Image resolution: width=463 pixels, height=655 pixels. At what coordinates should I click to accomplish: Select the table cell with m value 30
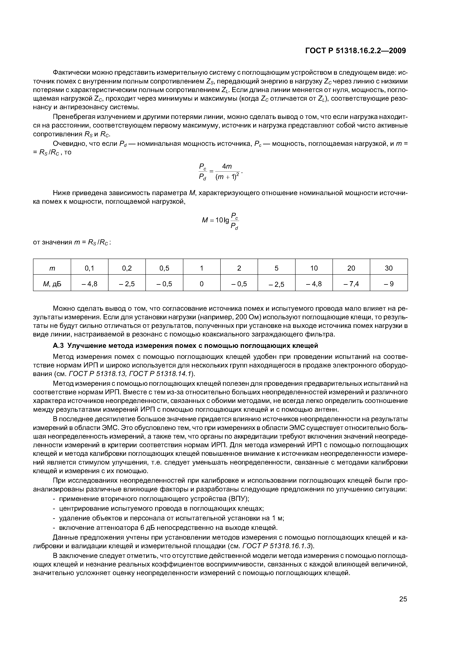pos(389,268)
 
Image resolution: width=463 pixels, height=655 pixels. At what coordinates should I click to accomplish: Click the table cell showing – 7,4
pos(351,284)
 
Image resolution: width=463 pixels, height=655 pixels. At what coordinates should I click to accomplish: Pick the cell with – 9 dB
pos(389,284)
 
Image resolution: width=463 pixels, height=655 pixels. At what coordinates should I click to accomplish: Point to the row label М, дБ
pos(52,284)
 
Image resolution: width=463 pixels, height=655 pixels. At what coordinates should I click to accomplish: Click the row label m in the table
pos(52,268)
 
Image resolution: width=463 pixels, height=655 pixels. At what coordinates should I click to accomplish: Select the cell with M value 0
pos(202,284)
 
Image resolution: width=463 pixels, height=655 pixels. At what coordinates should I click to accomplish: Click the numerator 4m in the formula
pos(227,166)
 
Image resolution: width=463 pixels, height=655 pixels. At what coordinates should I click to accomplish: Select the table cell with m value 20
pos(351,268)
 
